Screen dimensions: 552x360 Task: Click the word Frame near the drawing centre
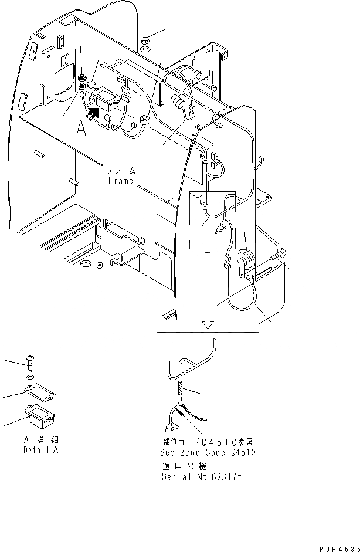[x=121, y=181]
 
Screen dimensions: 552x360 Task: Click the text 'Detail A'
[x=41, y=451]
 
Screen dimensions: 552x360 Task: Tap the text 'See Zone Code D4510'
[x=208, y=453]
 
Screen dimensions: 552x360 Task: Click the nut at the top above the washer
[x=145, y=40]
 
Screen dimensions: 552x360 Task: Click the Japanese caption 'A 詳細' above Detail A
[x=41, y=440]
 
